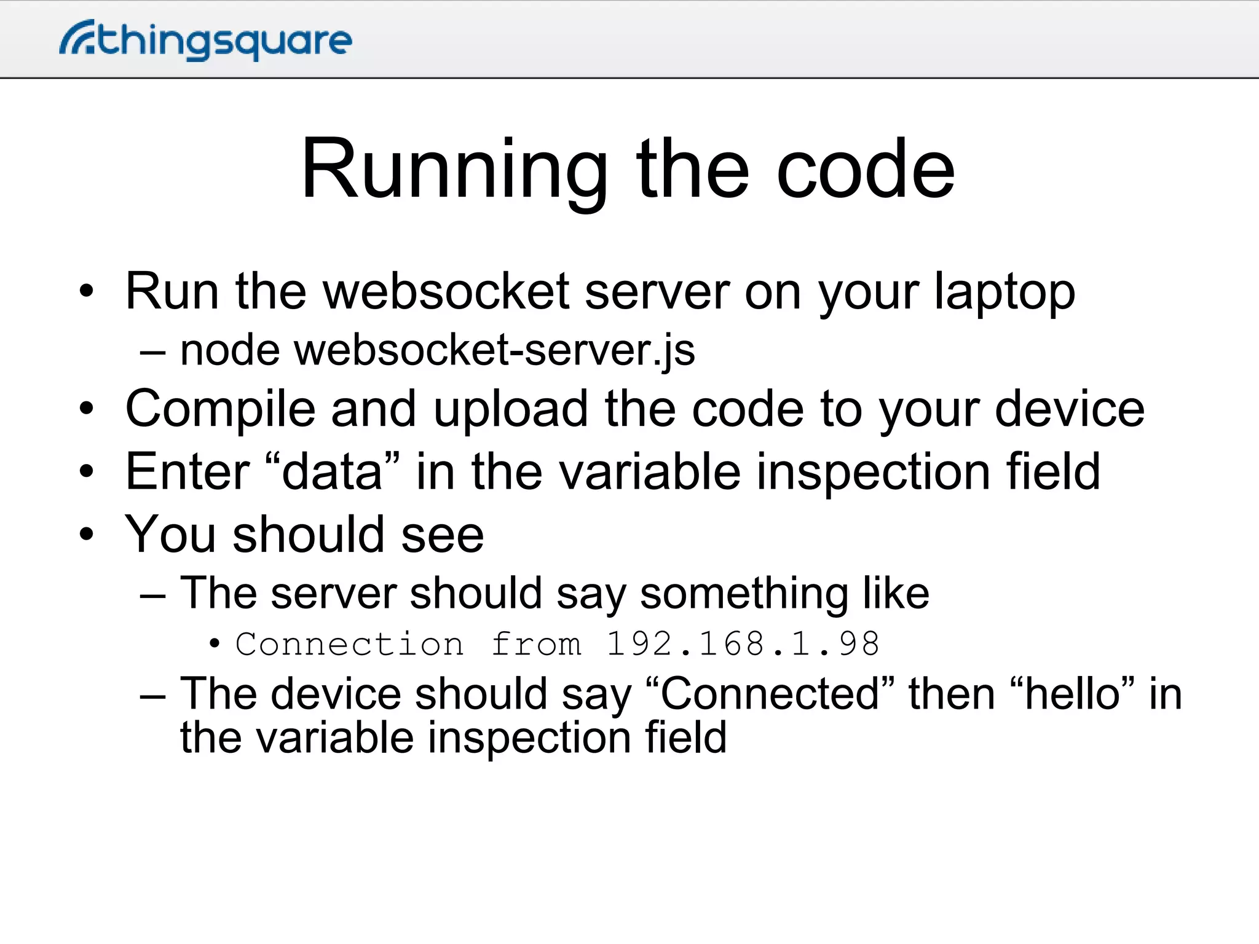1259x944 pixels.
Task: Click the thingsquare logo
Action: (206, 40)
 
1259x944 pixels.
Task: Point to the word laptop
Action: (1004, 292)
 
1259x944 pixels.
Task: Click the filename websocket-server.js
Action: (495, 350)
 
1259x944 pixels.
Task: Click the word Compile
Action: (220, 409)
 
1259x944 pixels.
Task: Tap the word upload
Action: (511, 409)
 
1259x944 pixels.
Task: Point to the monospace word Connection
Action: (349, 644)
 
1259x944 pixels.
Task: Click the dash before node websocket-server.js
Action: (152, 353)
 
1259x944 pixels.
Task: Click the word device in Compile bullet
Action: (1070, 409)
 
